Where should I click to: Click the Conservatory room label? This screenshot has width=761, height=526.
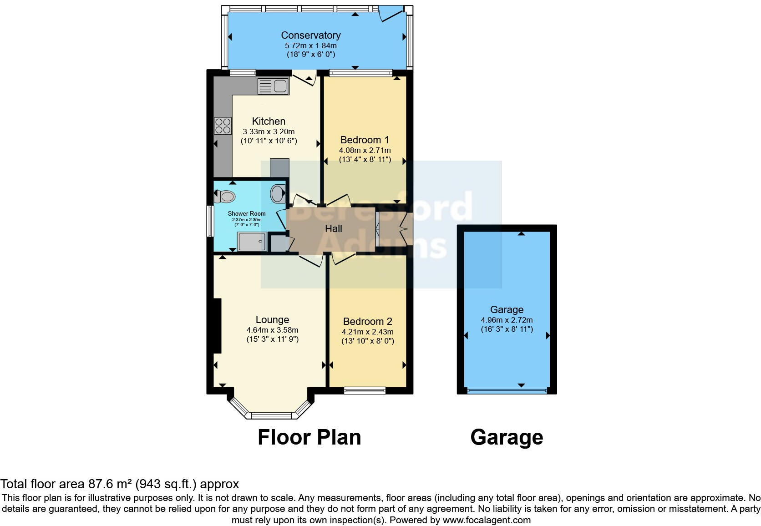tap(310, 35)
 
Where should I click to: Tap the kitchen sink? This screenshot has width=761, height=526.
tap(273, 86)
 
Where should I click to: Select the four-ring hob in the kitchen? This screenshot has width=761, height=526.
tap(223, 126)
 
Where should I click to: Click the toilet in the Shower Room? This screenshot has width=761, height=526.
tap(225, 197)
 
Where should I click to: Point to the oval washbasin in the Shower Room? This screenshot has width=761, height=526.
tap(277, 194)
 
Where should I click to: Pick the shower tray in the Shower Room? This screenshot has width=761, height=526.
tap(252, 242)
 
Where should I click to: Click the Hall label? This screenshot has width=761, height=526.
tap(333, 229)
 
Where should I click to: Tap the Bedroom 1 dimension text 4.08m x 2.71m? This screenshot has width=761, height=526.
tap(365, 150)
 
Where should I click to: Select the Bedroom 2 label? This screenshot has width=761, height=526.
tap(367, 321)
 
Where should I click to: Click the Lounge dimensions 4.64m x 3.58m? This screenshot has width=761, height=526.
tap(272, 330)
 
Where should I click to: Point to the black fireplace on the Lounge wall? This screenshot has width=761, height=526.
tap(217, 325)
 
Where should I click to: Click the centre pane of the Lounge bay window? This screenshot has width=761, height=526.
tap(271, 415)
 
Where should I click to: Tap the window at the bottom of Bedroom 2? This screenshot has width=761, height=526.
tap(365, 390)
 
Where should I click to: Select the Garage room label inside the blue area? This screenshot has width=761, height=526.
tap(507, 309)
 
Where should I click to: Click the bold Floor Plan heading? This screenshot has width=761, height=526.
tap(309, 437)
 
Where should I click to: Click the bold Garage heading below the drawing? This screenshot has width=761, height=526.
tap(507, 437)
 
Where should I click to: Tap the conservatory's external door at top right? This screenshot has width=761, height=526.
tap(392, 13)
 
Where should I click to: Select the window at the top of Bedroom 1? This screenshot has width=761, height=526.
tap(361, 72)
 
